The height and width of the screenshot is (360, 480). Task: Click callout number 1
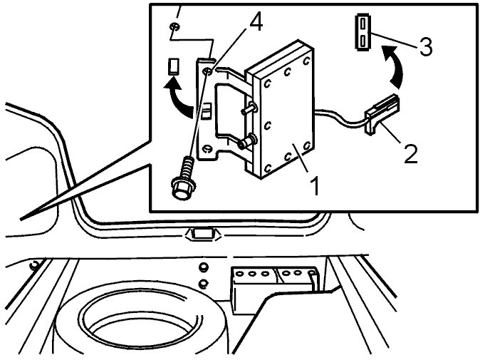(x=314, y=185)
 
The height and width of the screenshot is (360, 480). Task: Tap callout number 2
(x=410, y=153)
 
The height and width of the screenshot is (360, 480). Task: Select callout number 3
(x=425, y=46)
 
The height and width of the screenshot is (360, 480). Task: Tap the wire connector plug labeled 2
(x=382, y=113)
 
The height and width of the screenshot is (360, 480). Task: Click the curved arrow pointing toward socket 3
(x=395, y=66)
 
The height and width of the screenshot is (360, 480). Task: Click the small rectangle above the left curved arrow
(x=174, y=66)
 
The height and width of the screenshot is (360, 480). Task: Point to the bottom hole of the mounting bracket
(x=207, y=148)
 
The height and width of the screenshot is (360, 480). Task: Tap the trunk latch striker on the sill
(x=202, y=235)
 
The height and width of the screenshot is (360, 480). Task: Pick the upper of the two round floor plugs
(x=202, y=268)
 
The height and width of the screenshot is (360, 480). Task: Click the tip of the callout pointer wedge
(x=21, y=219)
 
